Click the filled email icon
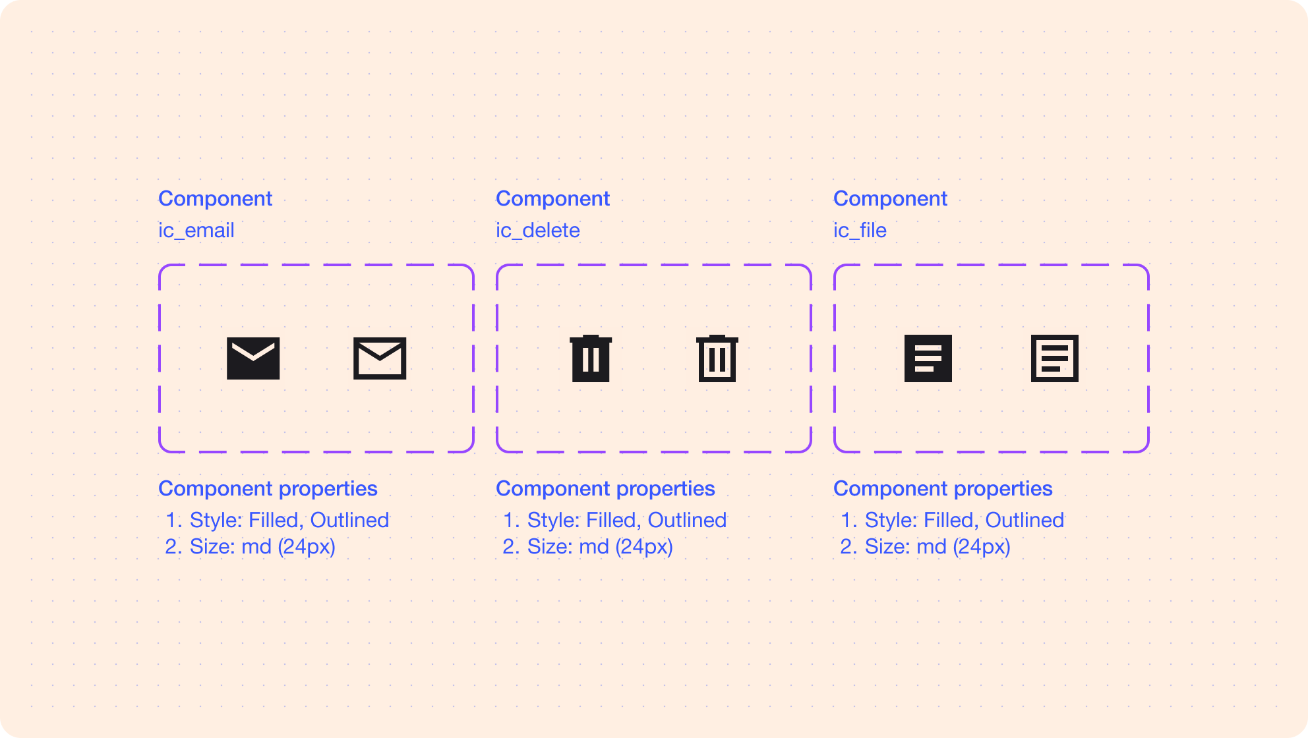coord(253,358)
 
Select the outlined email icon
coord(380,358)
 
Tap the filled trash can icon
coord(591,358)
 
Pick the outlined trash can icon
coord(717,358)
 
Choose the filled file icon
coord(928,358)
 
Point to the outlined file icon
coord(1055,358)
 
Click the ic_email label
coord(196,231)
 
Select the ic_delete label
coord(538,231)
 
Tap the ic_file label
coord(860,231)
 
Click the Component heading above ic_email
coord(215,198)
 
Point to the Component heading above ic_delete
coord(552,198)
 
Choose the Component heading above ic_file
coord(890,198)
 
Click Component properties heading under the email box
coord(268,488)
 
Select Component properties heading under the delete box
coord(605,488)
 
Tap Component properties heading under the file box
coord(943,488)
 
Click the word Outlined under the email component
coord(349,520)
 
